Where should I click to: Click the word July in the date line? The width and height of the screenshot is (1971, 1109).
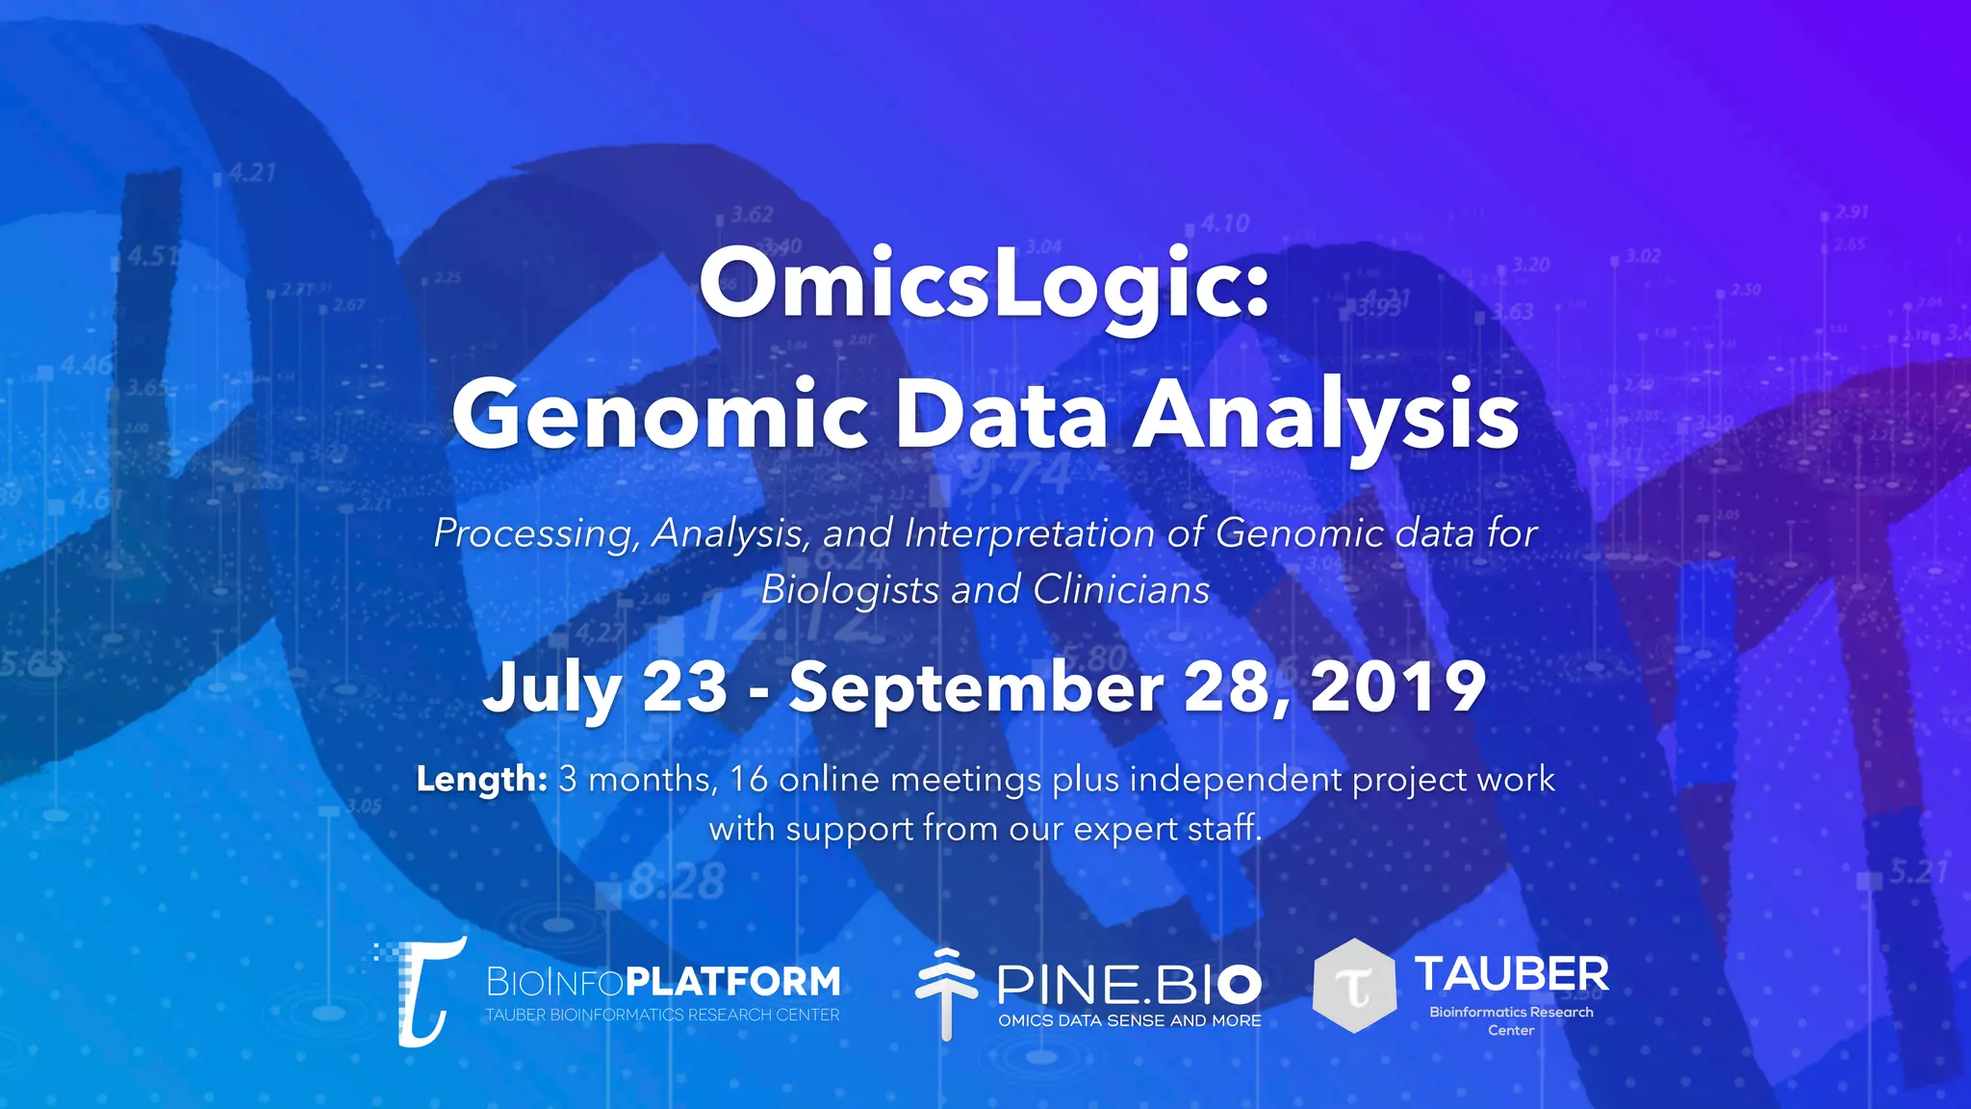pos(551,688)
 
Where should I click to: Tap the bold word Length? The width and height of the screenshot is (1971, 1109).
pos(481,779)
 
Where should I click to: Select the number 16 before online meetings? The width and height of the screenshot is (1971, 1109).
pos(749,779)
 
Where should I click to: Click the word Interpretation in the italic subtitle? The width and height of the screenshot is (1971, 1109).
pos(1030,533)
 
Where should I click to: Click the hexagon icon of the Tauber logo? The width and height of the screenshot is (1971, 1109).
pos(1354,986)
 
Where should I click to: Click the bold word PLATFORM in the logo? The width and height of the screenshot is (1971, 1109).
pos(733,982)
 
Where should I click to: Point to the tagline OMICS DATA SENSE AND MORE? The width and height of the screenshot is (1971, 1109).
pos(1129,1020)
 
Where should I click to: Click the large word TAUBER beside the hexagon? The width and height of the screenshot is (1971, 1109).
pos(1511,974)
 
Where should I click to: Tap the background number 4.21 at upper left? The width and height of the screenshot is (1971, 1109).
pos(252,173)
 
